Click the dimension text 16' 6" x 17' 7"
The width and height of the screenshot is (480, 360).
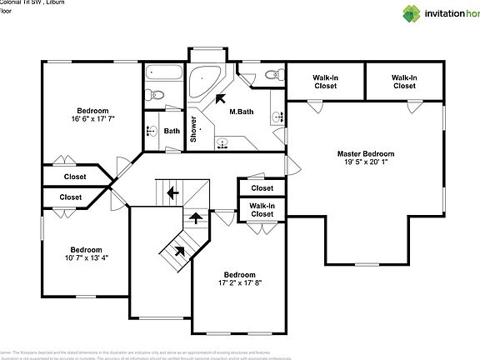[x=92, y=120]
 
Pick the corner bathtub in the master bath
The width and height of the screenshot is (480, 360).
[x=202, y=83]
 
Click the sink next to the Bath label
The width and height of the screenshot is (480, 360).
[x=152, y=131]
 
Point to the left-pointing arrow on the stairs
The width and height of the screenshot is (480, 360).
[x=172, y=193]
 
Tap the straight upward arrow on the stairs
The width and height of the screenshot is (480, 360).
[x=196, y=218]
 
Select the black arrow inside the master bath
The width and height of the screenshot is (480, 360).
[x=221, y=97]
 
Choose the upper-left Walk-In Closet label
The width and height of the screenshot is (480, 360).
[x=325, y=82]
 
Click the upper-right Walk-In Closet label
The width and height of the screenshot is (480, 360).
[x=404, y=82]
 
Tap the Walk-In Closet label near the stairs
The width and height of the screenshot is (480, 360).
[x=262, y=210]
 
